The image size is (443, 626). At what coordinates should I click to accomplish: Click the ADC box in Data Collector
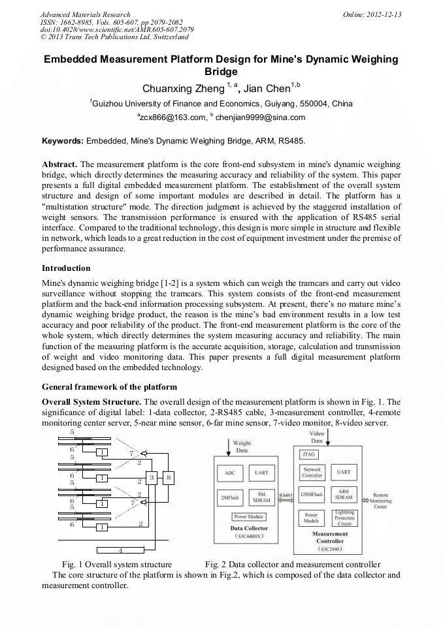[x=229, y=472]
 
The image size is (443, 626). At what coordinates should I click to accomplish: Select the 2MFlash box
[x=229, y=497]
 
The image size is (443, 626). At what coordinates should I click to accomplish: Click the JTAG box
[x=308, y=454]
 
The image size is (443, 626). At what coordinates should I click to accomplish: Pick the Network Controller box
[x=312, y=472]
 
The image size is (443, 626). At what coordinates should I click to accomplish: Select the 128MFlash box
[x=312, y=495]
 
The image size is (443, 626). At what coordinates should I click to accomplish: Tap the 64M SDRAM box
[x=344, y=495]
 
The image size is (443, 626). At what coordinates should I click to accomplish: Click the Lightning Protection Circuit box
[x=344, y=518]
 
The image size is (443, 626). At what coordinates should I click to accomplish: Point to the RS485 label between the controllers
[x=286, y=495]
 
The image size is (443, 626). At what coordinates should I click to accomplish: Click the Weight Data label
[x=241, y=446]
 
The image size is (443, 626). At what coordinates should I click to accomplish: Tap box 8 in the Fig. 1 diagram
[x=169, y=478]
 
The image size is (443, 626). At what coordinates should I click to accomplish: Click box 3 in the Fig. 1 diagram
[x=152, y=478]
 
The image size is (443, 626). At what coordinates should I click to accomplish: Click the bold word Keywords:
[x=63, y=140]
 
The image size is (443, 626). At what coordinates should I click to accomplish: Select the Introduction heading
[x=66, y=268]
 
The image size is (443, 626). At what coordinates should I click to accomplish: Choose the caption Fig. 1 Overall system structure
[x=117, y=564]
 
